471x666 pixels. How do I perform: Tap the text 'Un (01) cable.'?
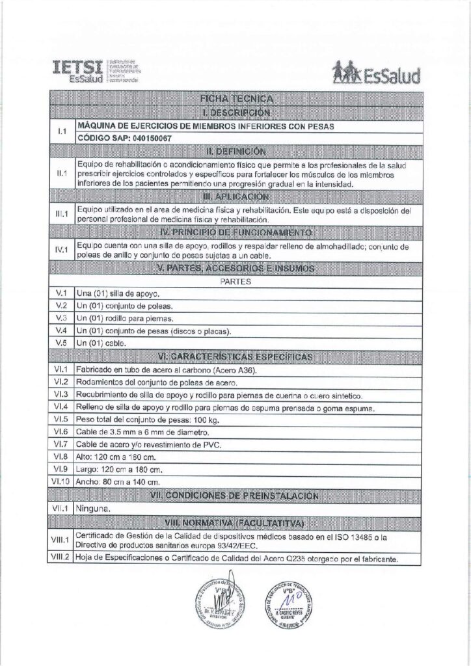tap(100, 343)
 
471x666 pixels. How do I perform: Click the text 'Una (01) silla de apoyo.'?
tap(118, 293)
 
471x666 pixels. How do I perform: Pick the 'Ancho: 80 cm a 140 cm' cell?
tap(118, 481)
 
